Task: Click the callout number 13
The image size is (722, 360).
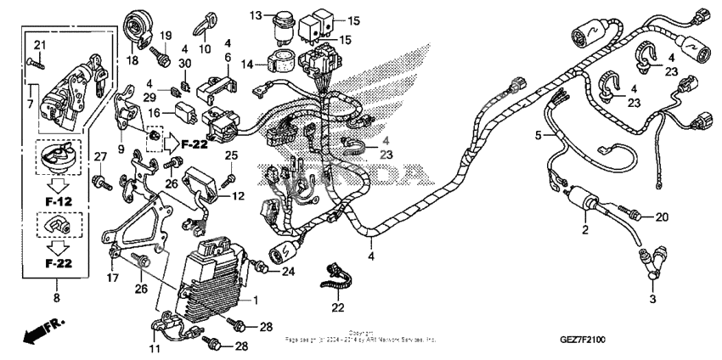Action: pos(256,16)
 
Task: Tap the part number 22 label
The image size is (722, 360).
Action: pos(338,307)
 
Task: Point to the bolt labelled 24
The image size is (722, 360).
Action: pos(265,269)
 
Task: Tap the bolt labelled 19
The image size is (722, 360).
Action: pos(159,54)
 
